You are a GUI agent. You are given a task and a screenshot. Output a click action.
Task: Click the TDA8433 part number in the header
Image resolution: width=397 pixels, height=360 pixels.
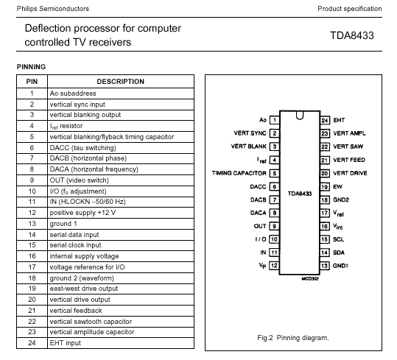click(352, 35)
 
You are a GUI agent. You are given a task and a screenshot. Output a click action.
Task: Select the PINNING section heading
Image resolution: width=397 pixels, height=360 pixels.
click(31, 67)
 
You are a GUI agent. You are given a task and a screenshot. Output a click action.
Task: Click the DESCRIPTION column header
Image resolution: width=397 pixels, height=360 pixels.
click(121, 82)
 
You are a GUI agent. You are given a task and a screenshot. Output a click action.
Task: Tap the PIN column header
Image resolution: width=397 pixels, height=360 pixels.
click(32, 82)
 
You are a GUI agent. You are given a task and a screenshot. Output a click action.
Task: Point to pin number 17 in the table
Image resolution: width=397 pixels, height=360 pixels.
click(32, 267)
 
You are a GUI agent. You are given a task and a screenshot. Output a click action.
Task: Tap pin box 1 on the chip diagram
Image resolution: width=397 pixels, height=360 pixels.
click(275, 120)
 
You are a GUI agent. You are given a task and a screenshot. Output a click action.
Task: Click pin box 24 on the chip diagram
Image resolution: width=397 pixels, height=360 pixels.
click(325, 120)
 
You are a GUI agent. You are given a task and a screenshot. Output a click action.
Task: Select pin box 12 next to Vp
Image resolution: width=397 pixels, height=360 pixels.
click(274, 266)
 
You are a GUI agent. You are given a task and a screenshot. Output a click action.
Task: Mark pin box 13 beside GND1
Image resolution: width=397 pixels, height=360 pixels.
click(325, 266)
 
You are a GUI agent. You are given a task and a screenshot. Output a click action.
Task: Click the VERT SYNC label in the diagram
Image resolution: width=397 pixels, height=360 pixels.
click(250, 133)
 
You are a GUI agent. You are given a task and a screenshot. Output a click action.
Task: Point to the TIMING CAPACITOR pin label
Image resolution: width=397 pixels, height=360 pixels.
click(239, 173)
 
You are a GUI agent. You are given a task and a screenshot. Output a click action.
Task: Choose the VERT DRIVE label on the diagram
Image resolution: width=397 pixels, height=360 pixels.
click(350, 173)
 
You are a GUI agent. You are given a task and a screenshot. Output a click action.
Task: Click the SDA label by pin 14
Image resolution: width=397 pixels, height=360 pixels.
click(339, 253)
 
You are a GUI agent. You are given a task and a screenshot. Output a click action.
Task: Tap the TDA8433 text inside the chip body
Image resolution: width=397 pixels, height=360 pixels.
click(300, 194)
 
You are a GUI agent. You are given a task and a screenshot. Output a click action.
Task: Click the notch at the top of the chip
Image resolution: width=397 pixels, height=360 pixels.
click(300, 116)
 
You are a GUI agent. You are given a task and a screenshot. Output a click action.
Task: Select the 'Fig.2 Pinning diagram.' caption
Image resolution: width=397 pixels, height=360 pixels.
click(293, 338)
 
